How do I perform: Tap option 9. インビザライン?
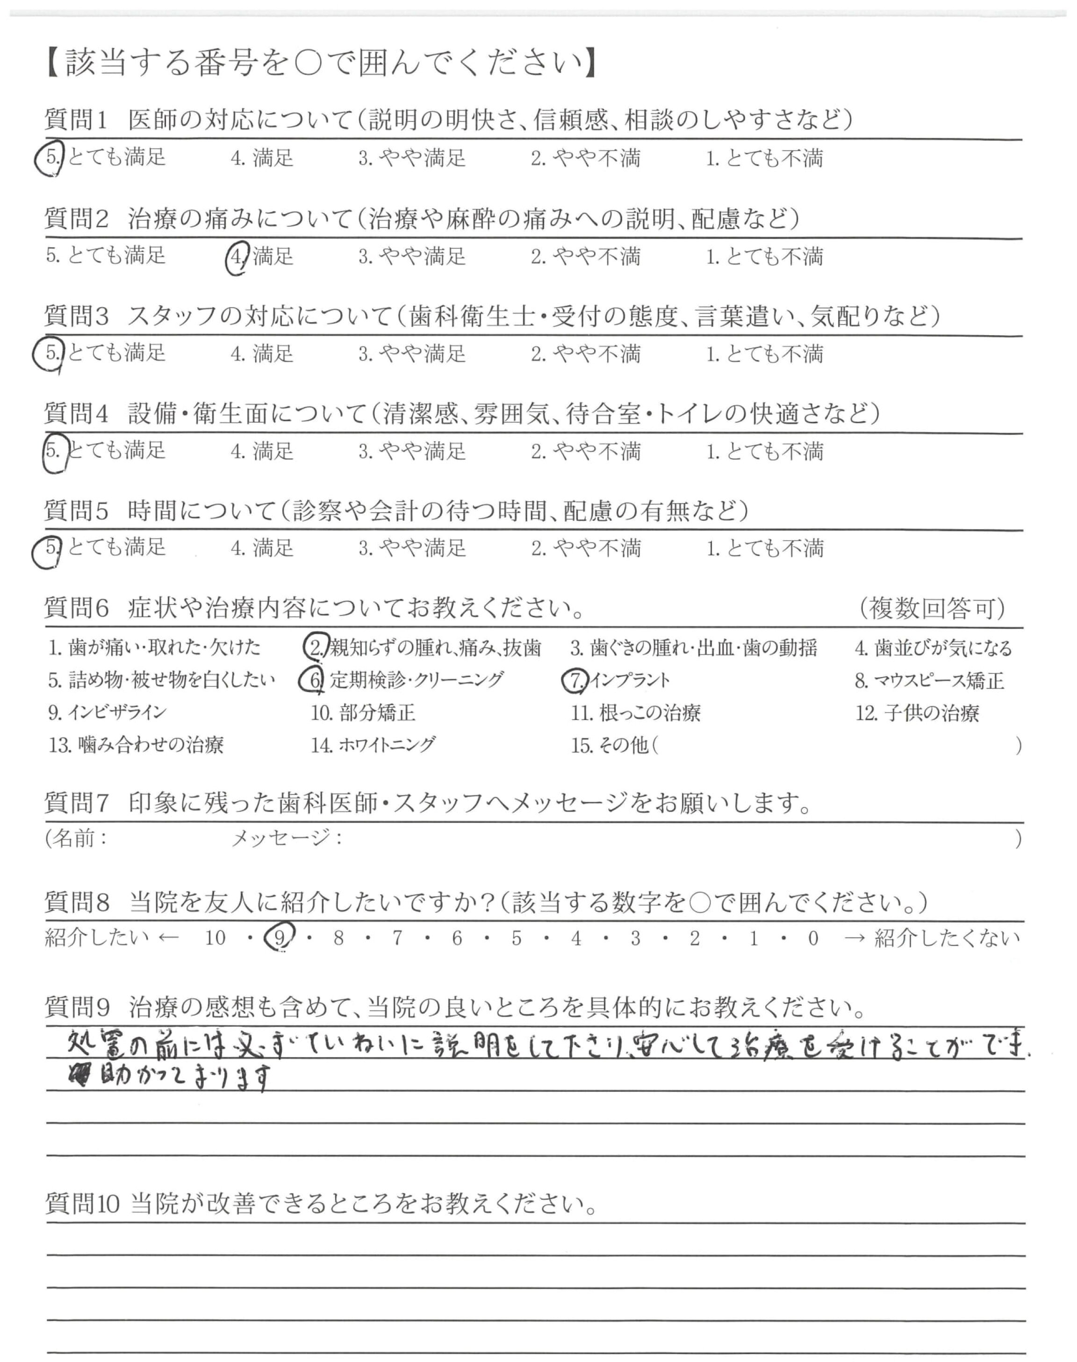(x=107, y=713)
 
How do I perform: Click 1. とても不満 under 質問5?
(x=764, y=548)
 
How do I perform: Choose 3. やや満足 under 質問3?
(x=412, y=354)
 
